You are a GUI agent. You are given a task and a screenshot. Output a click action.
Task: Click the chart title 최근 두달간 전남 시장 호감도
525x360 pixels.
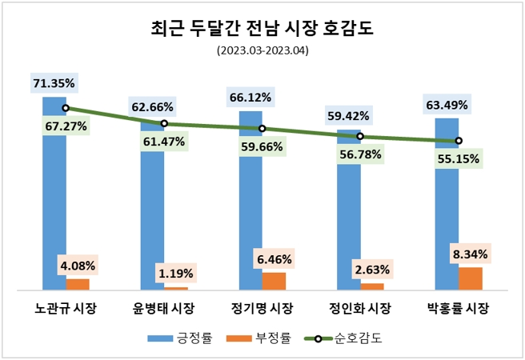pyautogui.click(x=262, y=30)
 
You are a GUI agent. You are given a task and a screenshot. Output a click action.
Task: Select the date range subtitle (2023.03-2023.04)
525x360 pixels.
pyautogui.click(x=262, y=52)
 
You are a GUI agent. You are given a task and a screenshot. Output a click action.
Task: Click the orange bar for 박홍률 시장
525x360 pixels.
pyautogui.click(x=471, y=278)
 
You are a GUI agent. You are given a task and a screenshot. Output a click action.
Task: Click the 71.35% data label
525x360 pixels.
pyautogui.click(x=54, y=82)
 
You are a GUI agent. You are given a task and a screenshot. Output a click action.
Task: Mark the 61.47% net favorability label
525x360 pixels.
pyautogui.click(x=164, y=142)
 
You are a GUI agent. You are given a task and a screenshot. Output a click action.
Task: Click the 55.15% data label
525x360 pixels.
pyautogui.click(x=459, y=159)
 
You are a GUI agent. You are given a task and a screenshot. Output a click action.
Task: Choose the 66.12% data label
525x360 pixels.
pyautogui.click(x=250, y=97)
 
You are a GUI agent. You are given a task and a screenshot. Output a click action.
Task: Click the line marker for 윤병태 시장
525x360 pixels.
pyautogui.click(x=164, y=123)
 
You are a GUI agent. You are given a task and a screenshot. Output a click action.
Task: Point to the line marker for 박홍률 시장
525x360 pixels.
pyautogui.click(x=459, y=141)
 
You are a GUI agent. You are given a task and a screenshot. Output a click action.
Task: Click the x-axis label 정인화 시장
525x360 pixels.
pyautogui.click(x=360, y=309)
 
